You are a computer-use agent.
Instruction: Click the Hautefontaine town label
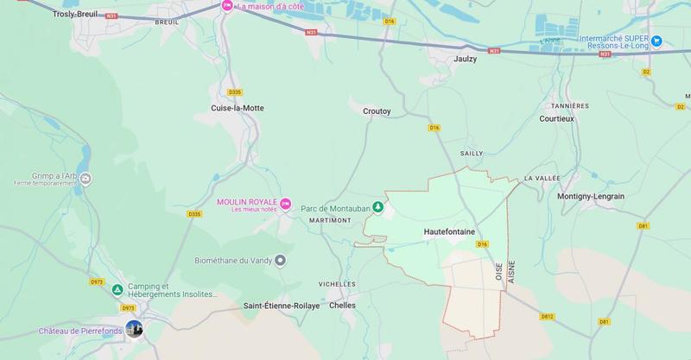tap(450, 232)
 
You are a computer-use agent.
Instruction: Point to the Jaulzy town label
tap(466, 60)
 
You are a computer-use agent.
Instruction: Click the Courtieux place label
tap(556, 118)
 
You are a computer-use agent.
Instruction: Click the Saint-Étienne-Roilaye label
tap(281, 306)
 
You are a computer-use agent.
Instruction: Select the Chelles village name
tap(343, 306)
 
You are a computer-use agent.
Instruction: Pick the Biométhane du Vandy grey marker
tap(280, 260)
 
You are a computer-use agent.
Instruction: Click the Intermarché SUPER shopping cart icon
tap(656, 41)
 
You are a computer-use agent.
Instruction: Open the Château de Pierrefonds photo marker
tap(133, 330)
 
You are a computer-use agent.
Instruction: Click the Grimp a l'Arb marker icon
tap(86, 179)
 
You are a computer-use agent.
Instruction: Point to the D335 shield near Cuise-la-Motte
tap(234, 92)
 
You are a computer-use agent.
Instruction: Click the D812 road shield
tap(547, 317)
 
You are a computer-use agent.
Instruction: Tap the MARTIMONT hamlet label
tap(329, 220)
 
